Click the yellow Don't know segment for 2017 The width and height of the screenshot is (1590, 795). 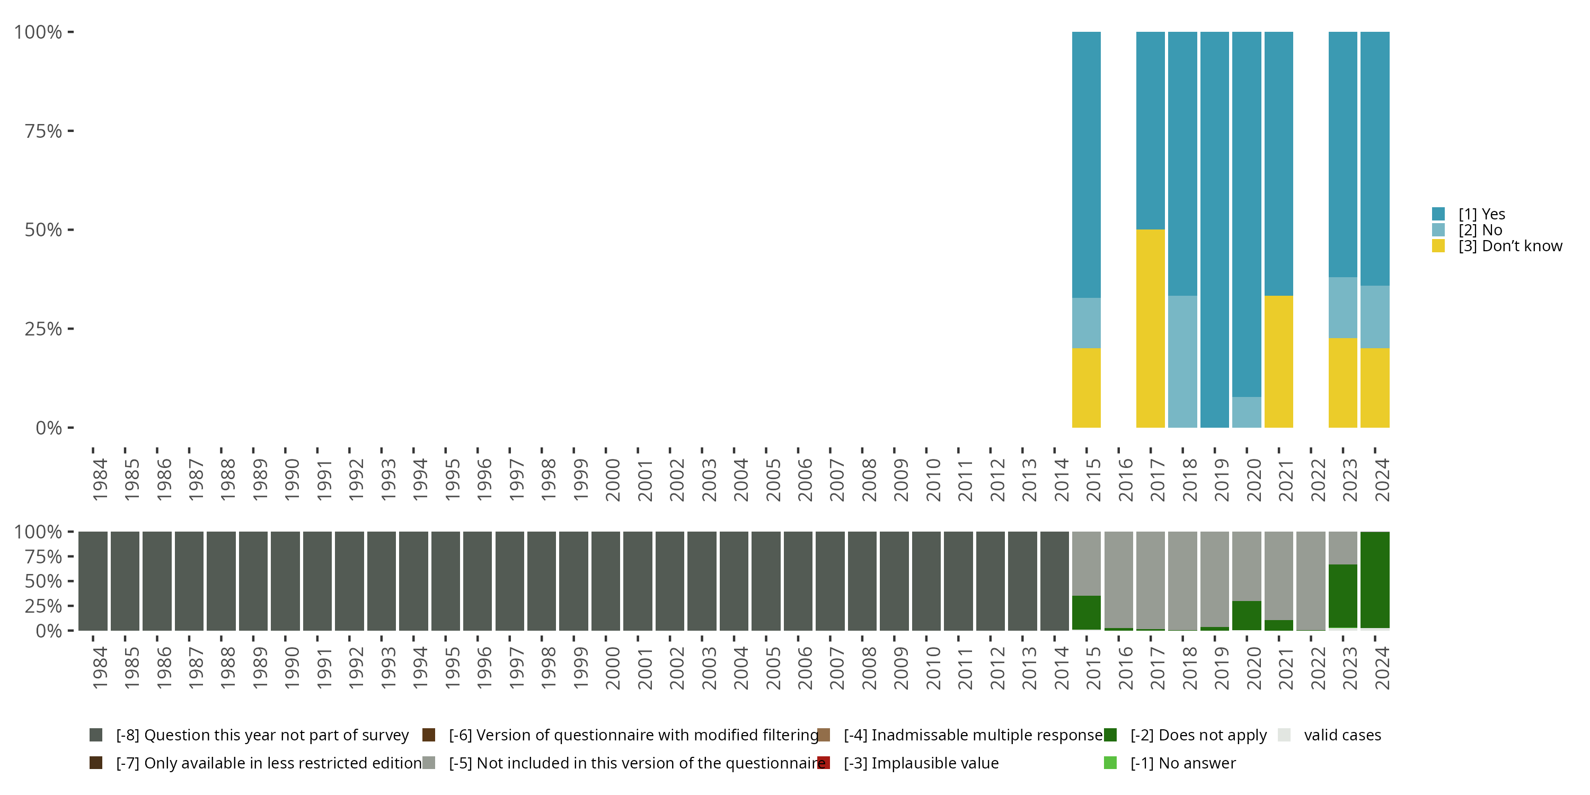1151,329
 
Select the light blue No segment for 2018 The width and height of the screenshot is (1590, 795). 1182,361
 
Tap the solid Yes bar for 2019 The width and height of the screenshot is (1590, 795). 1215,229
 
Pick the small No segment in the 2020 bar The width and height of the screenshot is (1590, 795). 1247,412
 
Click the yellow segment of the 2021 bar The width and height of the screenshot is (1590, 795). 1279,361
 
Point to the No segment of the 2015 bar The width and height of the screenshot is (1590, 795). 1086,323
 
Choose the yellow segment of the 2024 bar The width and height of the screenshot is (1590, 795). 1375,387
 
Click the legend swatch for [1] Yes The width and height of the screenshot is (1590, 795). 1438,214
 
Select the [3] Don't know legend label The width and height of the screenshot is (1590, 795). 1510,246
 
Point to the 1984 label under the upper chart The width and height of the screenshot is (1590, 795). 100,480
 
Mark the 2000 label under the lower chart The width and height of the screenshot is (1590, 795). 613,668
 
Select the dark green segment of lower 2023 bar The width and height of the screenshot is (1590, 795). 1343,596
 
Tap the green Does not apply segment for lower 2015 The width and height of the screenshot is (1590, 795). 1086,612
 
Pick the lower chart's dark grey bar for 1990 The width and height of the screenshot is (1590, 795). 285,581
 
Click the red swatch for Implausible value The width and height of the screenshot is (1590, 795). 824,763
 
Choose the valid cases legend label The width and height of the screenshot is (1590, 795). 1342,735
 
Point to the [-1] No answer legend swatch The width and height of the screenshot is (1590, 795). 1110,763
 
